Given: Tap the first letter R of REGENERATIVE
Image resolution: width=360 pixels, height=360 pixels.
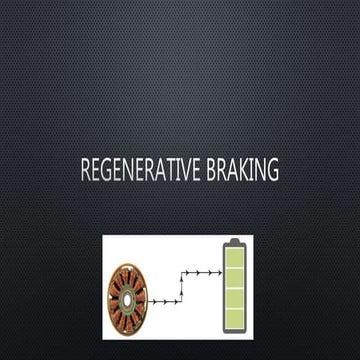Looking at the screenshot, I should [85, 171].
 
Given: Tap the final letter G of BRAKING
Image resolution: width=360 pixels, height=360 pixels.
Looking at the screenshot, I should [273, 171].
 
